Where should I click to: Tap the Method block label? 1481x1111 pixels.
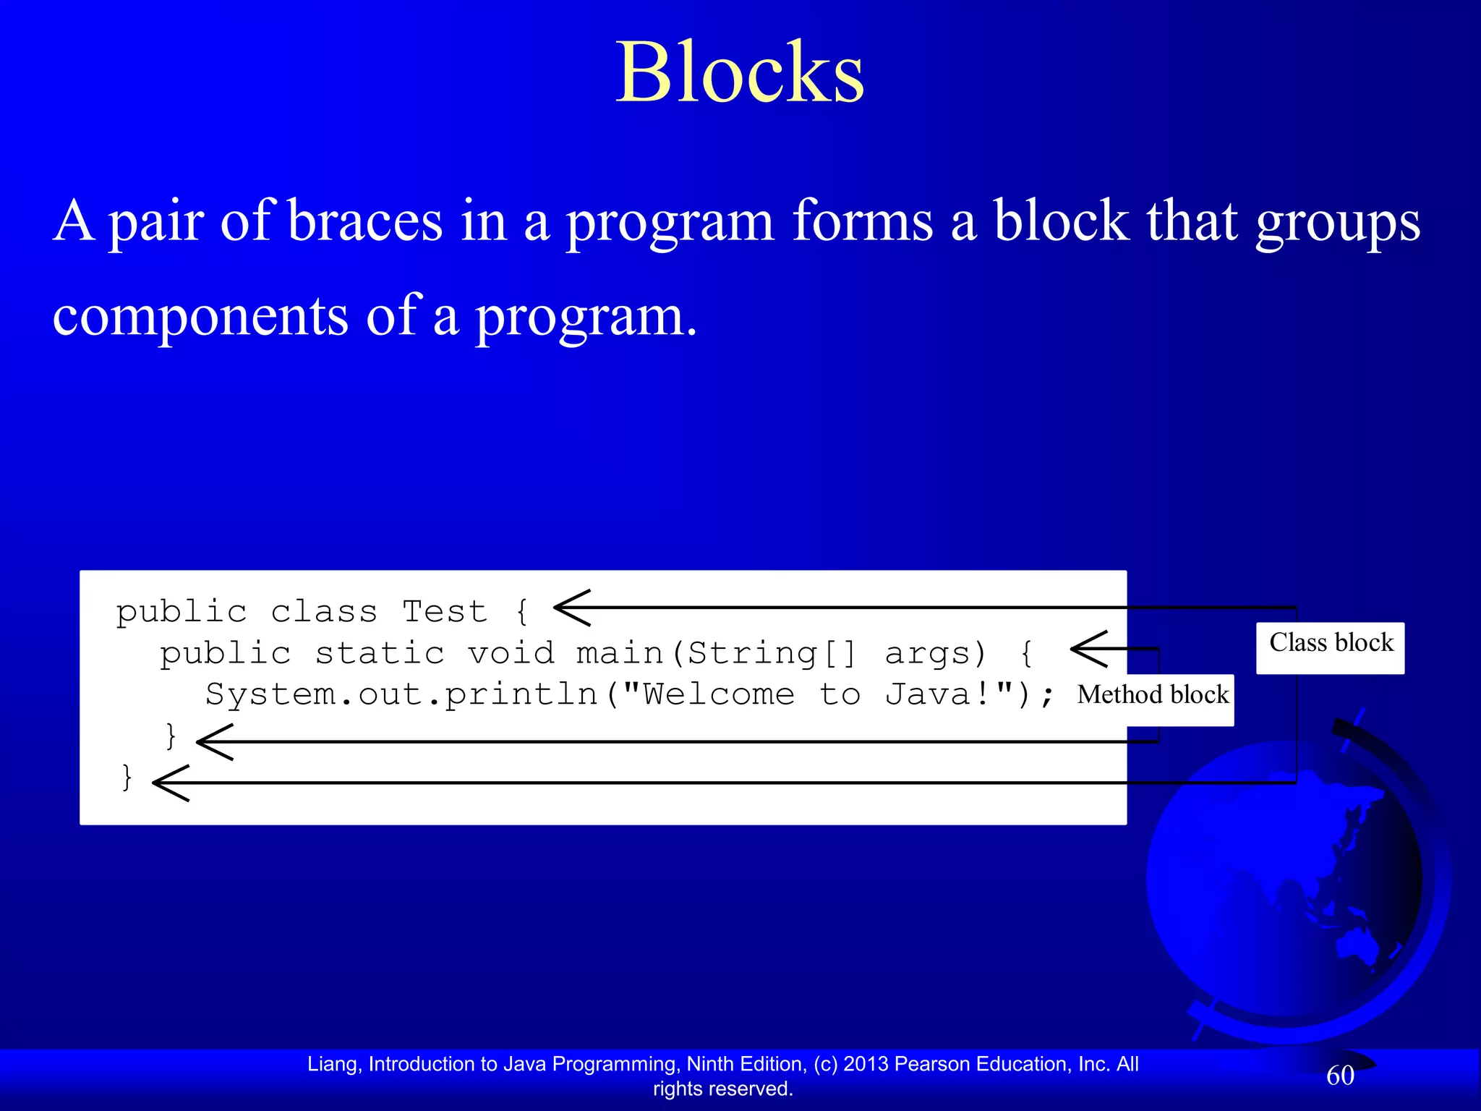pyautogui.click(x=1153, y=696)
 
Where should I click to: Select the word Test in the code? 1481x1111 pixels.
pyautogui.click(x=444, y=612)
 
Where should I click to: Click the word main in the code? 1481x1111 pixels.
pyautogui.click(x=620, y=654)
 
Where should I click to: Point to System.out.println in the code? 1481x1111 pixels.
pyautogui.click(x=401, y=695)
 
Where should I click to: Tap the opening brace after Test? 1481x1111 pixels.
pyautogui.click(x=522, y=612)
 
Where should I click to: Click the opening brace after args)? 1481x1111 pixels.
pyautogui.click(x=1025, y=654)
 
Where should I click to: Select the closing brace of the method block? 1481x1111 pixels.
pyautogui.click(x=171, y=736)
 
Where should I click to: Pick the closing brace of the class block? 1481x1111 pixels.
pyautogui.click(x=127, y=778)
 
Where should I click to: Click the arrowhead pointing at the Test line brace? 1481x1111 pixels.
pyautogui.click(x=571, y=608)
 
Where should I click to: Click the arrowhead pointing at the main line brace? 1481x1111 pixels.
pyautogui.click(x=1088, y=649)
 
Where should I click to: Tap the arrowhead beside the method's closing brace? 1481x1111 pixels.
pyautogui.click(x=214, y=742)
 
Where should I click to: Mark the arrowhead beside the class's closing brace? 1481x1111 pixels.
pyautogui.click(x=171, y=783)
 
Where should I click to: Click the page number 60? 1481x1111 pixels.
pyautogui.click(x=1340, y=1076)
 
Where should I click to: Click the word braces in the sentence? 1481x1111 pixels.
pyautogui.click(x=364, y=221)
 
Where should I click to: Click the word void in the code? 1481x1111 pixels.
pyautogui.click(x=511, y=654)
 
